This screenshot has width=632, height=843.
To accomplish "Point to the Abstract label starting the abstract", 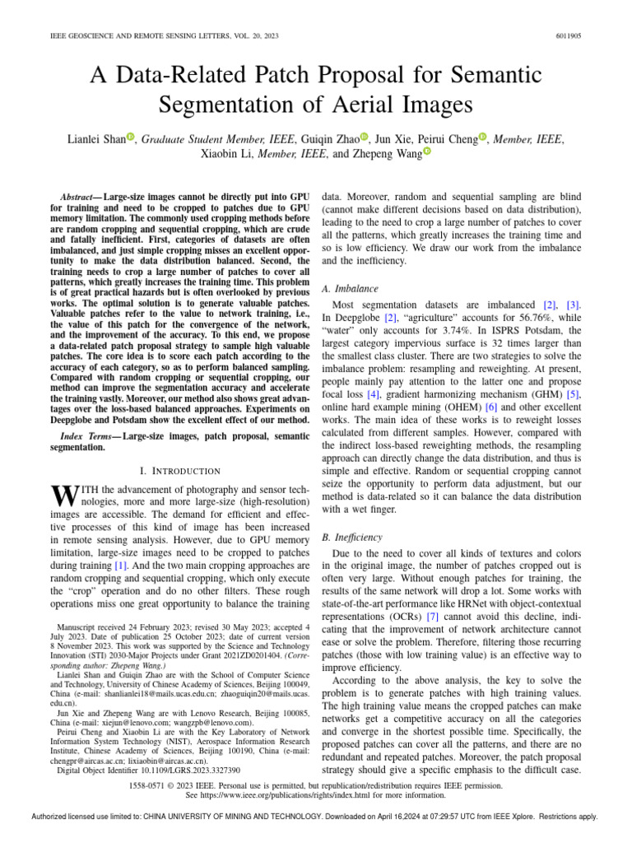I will (80, 198).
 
